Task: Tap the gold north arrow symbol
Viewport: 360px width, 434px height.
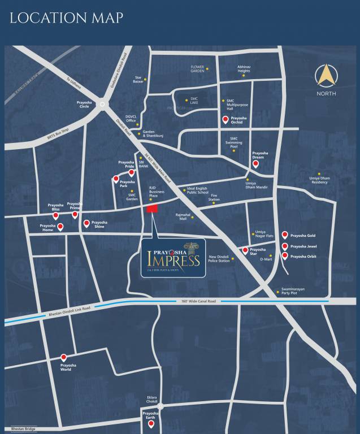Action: [326, 77]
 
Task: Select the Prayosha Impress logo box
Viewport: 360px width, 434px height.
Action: [173, 258]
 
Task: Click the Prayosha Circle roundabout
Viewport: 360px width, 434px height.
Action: [102, 104]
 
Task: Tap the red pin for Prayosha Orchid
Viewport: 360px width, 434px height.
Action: [225, 119]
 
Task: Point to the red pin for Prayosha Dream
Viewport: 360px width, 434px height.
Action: [255, 164]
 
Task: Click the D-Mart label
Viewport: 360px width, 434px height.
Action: [266, 259]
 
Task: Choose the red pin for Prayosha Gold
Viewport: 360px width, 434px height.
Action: [285, 235]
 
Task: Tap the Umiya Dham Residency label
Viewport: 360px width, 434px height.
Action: [319, 180]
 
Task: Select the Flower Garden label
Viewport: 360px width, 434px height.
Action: [197, 69]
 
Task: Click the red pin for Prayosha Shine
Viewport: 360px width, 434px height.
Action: [86, 223]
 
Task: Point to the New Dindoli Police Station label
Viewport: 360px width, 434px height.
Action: [219, 259]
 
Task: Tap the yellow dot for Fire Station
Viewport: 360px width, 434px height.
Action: [214, 202]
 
